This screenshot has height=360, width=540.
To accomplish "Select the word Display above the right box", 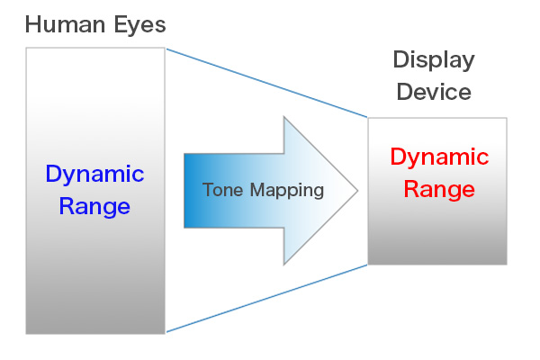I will [433, 60].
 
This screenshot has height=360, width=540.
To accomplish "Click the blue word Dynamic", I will [94, 174].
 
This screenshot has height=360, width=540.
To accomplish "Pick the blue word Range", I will [94, 206].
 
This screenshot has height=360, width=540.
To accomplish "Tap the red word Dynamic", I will [438, 157].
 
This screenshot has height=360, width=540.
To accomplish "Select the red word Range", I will [438, 190].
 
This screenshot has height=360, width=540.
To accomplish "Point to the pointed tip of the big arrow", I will [357, 190].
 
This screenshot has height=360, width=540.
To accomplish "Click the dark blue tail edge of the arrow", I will [186, 190].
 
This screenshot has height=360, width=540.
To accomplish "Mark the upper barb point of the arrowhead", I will [284, 117].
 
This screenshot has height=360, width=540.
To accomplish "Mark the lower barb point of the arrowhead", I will [284, 264].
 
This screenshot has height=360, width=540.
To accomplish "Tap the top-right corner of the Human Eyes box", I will [165, 48].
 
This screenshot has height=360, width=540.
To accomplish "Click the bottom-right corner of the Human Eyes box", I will [165, 333].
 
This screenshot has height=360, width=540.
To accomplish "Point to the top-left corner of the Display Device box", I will [369, 118].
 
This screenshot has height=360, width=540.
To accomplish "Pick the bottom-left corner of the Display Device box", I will [369, 264].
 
